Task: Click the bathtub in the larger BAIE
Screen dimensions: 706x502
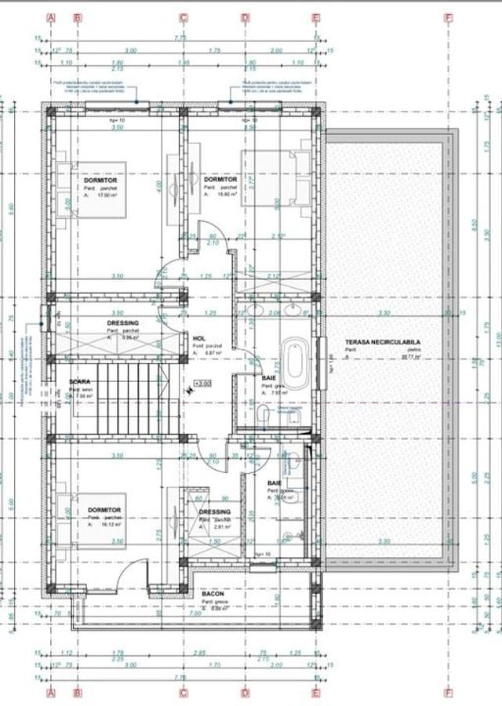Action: tap(295, 362)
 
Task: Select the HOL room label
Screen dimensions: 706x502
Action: tap(199, 339)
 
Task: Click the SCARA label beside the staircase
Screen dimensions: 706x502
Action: tap(79, 381)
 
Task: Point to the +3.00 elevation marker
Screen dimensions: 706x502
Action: tap(202, 384)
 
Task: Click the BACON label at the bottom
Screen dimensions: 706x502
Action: tap(213, 594)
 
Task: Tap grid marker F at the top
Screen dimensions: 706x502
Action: tap(448, 16)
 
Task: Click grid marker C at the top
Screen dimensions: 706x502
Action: tap(183, 16)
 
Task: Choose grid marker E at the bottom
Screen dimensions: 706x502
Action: tap(315, 692)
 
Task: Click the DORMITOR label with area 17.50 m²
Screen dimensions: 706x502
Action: tap(100, 180)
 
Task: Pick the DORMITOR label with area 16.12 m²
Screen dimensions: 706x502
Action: tap(104, 510)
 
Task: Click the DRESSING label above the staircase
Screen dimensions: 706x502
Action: tap(123, 322)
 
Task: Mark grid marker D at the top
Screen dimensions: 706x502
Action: tap(245, 16)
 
